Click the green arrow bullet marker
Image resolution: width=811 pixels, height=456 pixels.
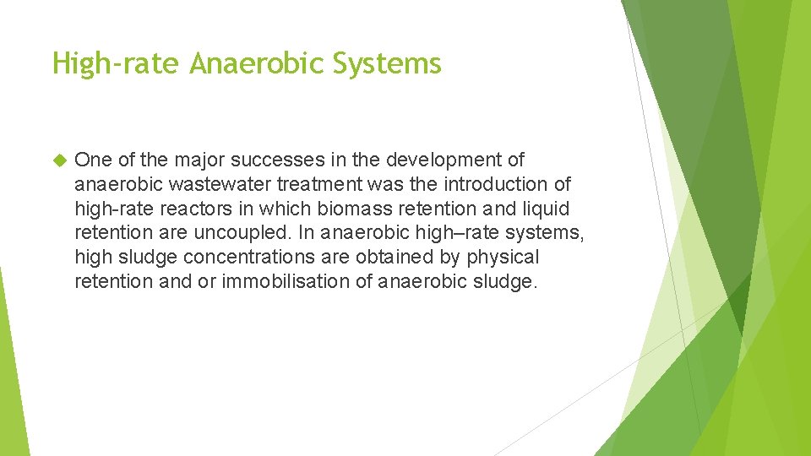coord(59,160)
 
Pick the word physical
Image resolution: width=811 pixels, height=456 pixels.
coord(503,258)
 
